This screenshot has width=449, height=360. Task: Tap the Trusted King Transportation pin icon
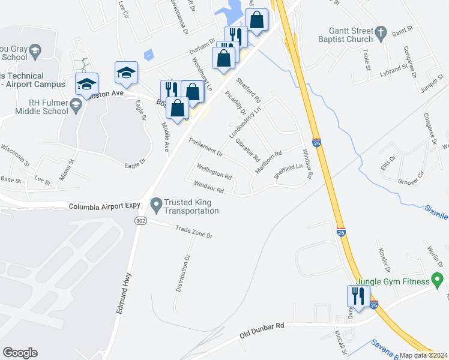(157, 205)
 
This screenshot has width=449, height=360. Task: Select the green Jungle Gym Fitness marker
(438, 281)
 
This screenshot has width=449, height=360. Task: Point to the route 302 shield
(140, 221)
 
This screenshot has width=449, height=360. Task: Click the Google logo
(20, 353)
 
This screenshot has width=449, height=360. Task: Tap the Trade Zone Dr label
(194, 232)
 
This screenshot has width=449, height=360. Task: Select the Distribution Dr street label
(182, 273)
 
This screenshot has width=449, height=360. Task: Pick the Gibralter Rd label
(247, 151)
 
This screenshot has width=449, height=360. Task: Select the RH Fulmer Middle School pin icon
(76, 106)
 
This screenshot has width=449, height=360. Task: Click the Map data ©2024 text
(423, 355)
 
